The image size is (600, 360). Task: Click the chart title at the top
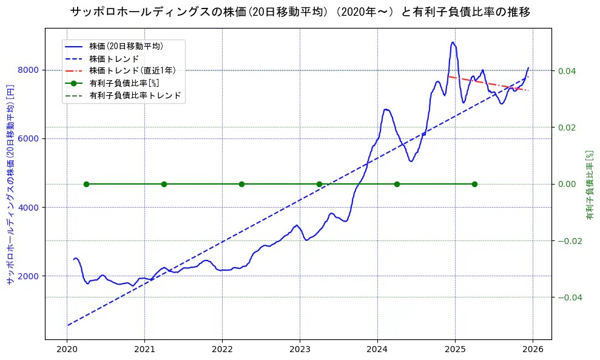pos(300,12)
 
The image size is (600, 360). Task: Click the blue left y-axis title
pos(10,185)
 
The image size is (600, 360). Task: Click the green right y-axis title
pos(589,185)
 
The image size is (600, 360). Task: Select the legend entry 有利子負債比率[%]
pos(124,83)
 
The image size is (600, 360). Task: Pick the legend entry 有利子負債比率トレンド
pos(135,95)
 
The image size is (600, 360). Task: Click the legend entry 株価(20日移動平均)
pos(126,46)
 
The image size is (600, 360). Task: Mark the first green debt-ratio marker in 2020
pos(86,184)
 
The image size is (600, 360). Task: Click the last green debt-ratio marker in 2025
pos(474,184)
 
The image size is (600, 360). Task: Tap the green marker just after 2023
pos(319,184)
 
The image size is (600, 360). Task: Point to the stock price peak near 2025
pos(453,42)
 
